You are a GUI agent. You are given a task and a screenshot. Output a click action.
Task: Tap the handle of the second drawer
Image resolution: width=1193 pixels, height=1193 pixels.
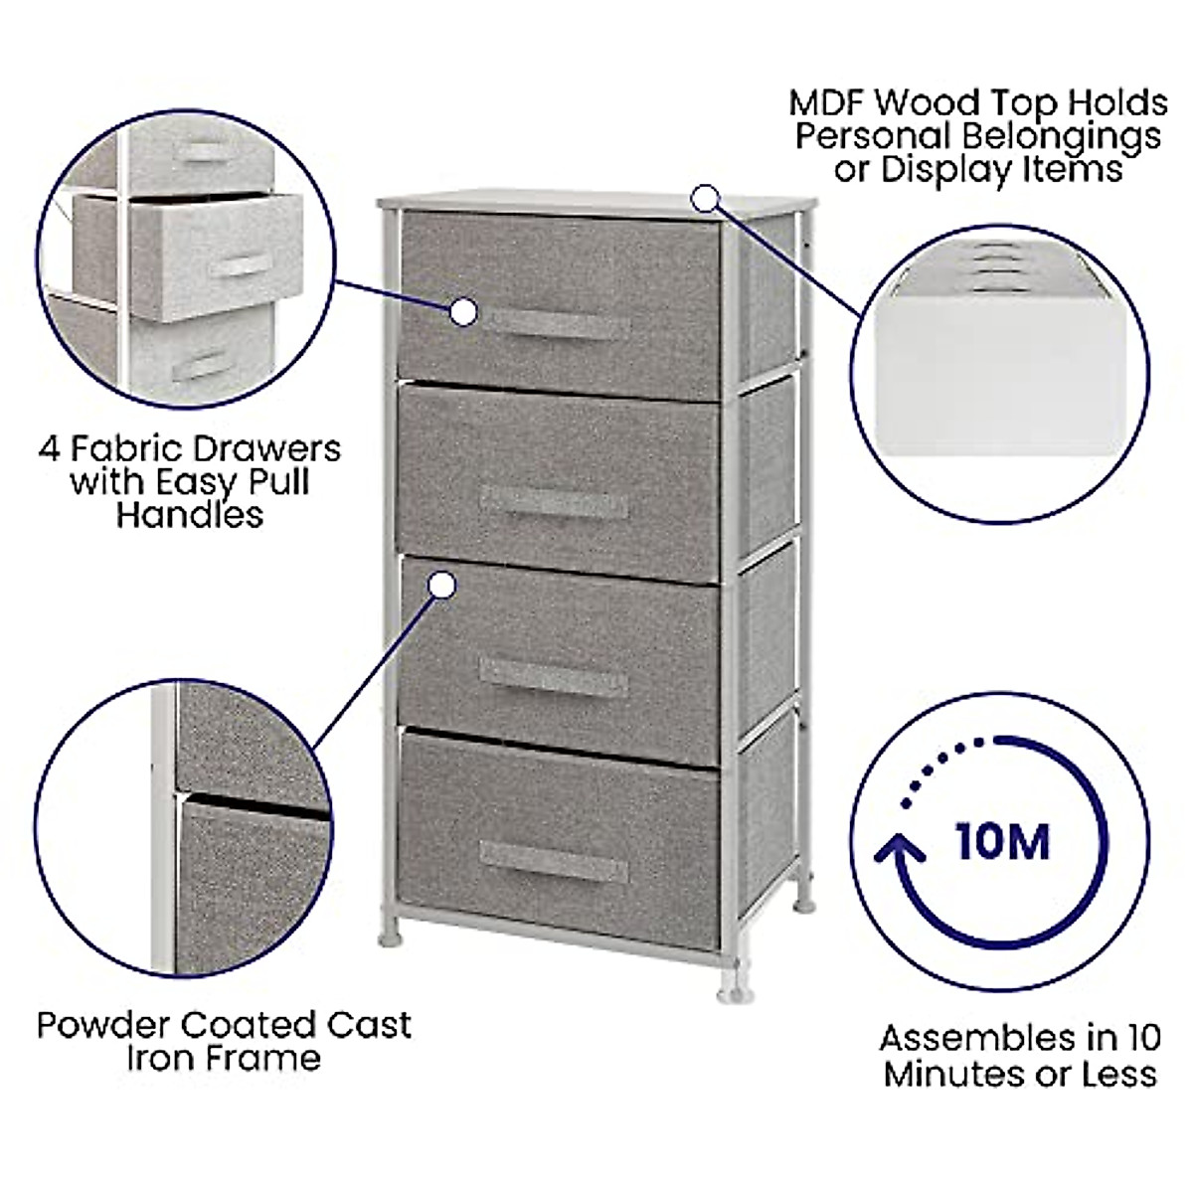coord(554,502)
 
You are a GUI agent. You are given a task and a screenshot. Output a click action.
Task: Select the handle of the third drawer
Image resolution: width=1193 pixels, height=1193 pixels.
coord(554,677)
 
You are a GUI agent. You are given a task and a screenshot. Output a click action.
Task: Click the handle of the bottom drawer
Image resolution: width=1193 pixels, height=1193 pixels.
coord(554,860)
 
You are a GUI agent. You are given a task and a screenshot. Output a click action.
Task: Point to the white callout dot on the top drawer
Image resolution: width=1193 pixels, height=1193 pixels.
coord(463,312)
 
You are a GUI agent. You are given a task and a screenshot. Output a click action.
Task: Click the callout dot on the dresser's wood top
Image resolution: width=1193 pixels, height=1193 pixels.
coord(705,199)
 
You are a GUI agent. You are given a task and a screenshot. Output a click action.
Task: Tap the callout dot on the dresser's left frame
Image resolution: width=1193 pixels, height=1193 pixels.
coord(442,586)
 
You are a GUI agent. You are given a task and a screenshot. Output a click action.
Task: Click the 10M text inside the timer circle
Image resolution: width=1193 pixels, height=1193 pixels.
coord(1002,842)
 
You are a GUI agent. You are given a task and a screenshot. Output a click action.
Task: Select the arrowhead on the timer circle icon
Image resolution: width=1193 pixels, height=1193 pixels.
coord(901,851)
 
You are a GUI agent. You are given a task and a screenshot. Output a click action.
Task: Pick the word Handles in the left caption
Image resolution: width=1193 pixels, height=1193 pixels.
coord(189,515)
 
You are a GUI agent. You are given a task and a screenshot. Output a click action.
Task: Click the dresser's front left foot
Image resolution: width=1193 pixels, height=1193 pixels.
coord(390,937)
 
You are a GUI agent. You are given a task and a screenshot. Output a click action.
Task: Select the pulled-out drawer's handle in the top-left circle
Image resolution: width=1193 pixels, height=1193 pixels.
coord(242,266)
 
